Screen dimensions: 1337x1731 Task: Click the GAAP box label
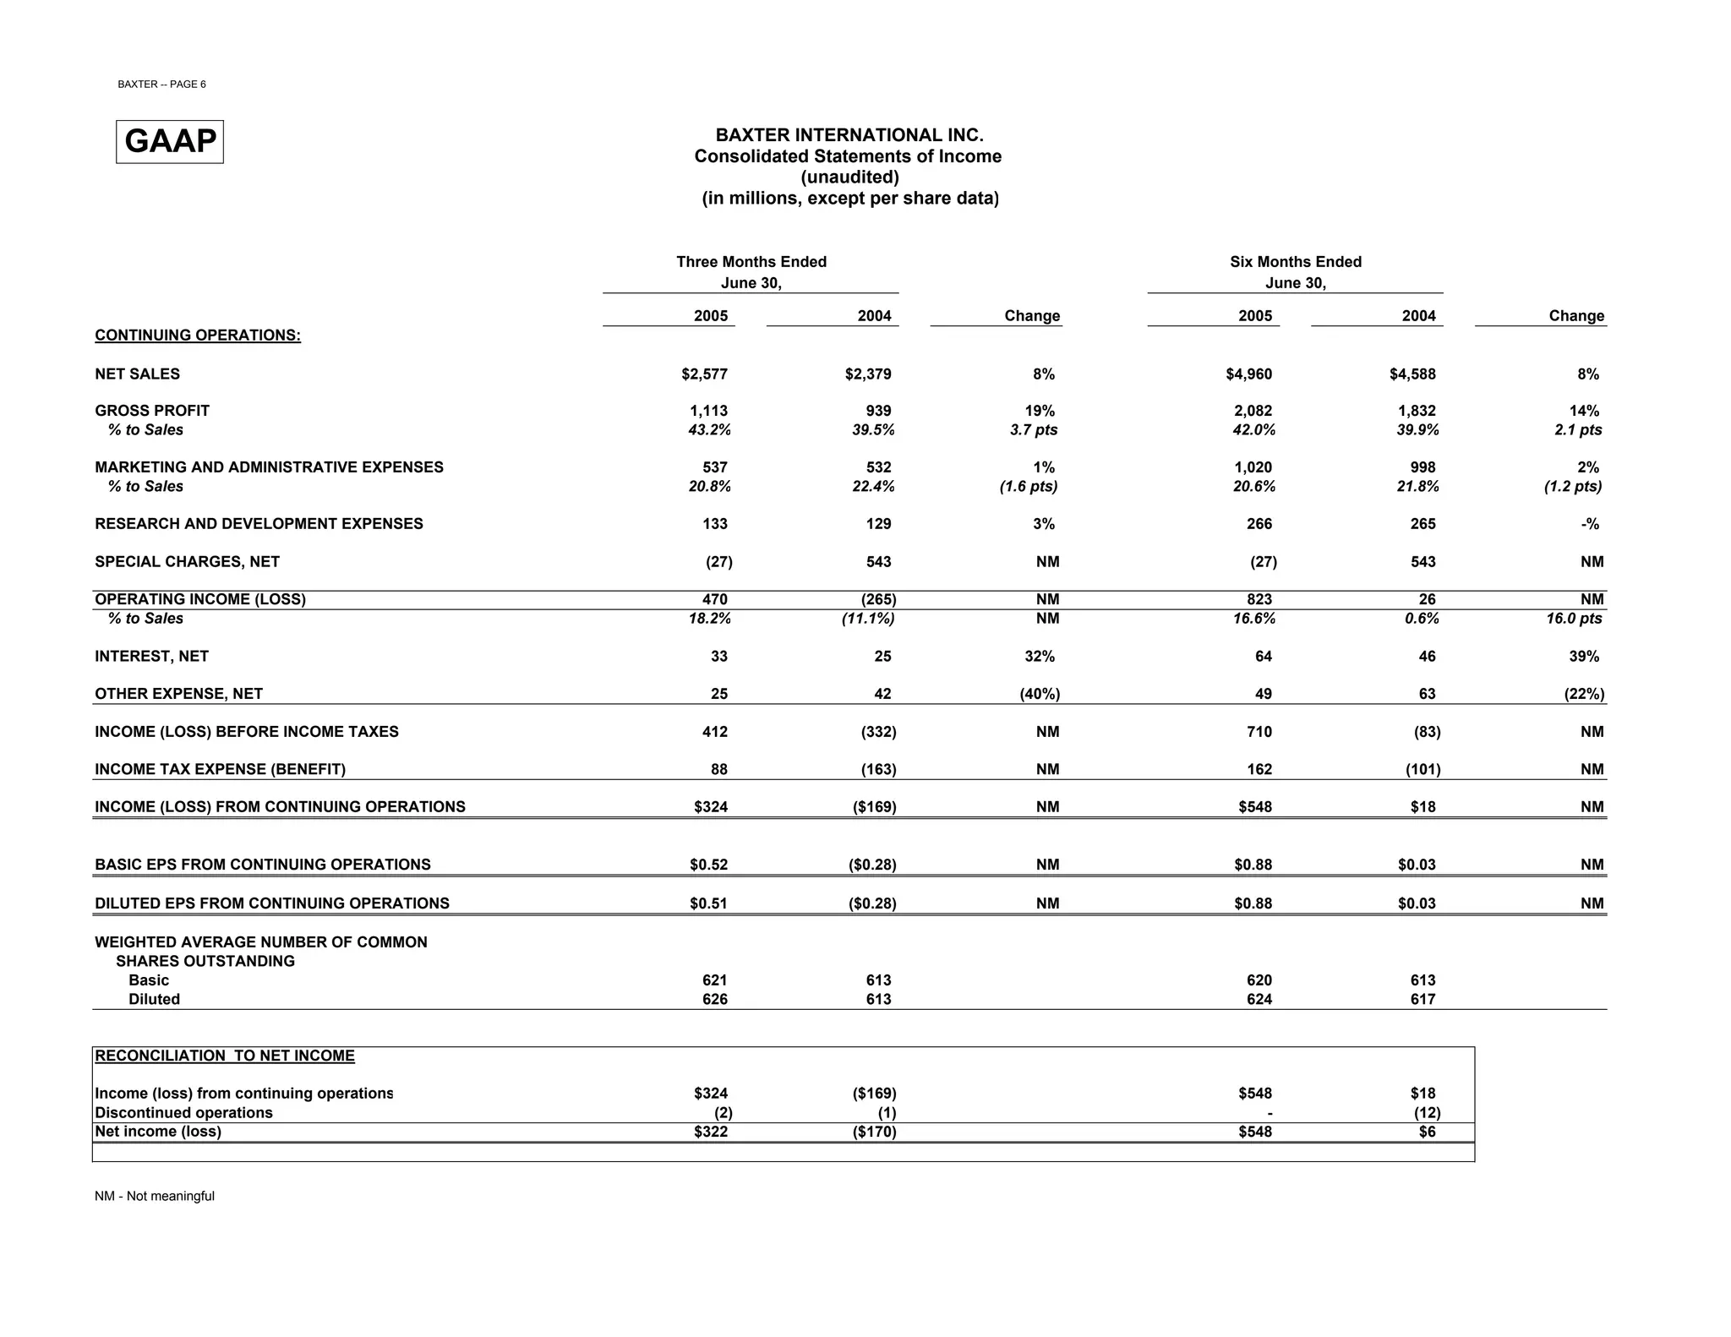[x=170, y=141]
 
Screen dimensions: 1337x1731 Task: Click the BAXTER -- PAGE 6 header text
[x=161, y=85]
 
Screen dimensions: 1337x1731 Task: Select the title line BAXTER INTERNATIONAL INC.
[x=849, y=135]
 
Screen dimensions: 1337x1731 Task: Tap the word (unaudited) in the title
[x=849, y=177]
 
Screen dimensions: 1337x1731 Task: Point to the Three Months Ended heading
[x=751, y=262]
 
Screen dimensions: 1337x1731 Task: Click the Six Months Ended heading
[x=1295, y=262]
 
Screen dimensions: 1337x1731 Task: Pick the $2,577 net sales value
[x=704, y=374]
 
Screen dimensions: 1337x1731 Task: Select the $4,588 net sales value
[x=1412, y=374]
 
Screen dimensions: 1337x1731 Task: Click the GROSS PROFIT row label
[x=152, y=411]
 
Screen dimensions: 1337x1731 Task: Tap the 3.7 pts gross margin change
[x=1034, y=430]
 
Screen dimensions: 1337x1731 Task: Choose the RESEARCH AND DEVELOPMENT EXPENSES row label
[x=259, y=524]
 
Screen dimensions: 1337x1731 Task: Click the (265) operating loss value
[x=878, y=599]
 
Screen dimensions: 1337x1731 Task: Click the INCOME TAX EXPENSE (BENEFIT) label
[x=220, y=769]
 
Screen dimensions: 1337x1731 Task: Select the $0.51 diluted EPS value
[x=708, y=903]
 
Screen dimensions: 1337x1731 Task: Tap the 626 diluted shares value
[x=714, y=999]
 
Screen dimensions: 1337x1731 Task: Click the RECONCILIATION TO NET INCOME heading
[x=225, y=1056]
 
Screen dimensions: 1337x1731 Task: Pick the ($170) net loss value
[x=874, y=1132]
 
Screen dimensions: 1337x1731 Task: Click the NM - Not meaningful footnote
[x=155, y=1196]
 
